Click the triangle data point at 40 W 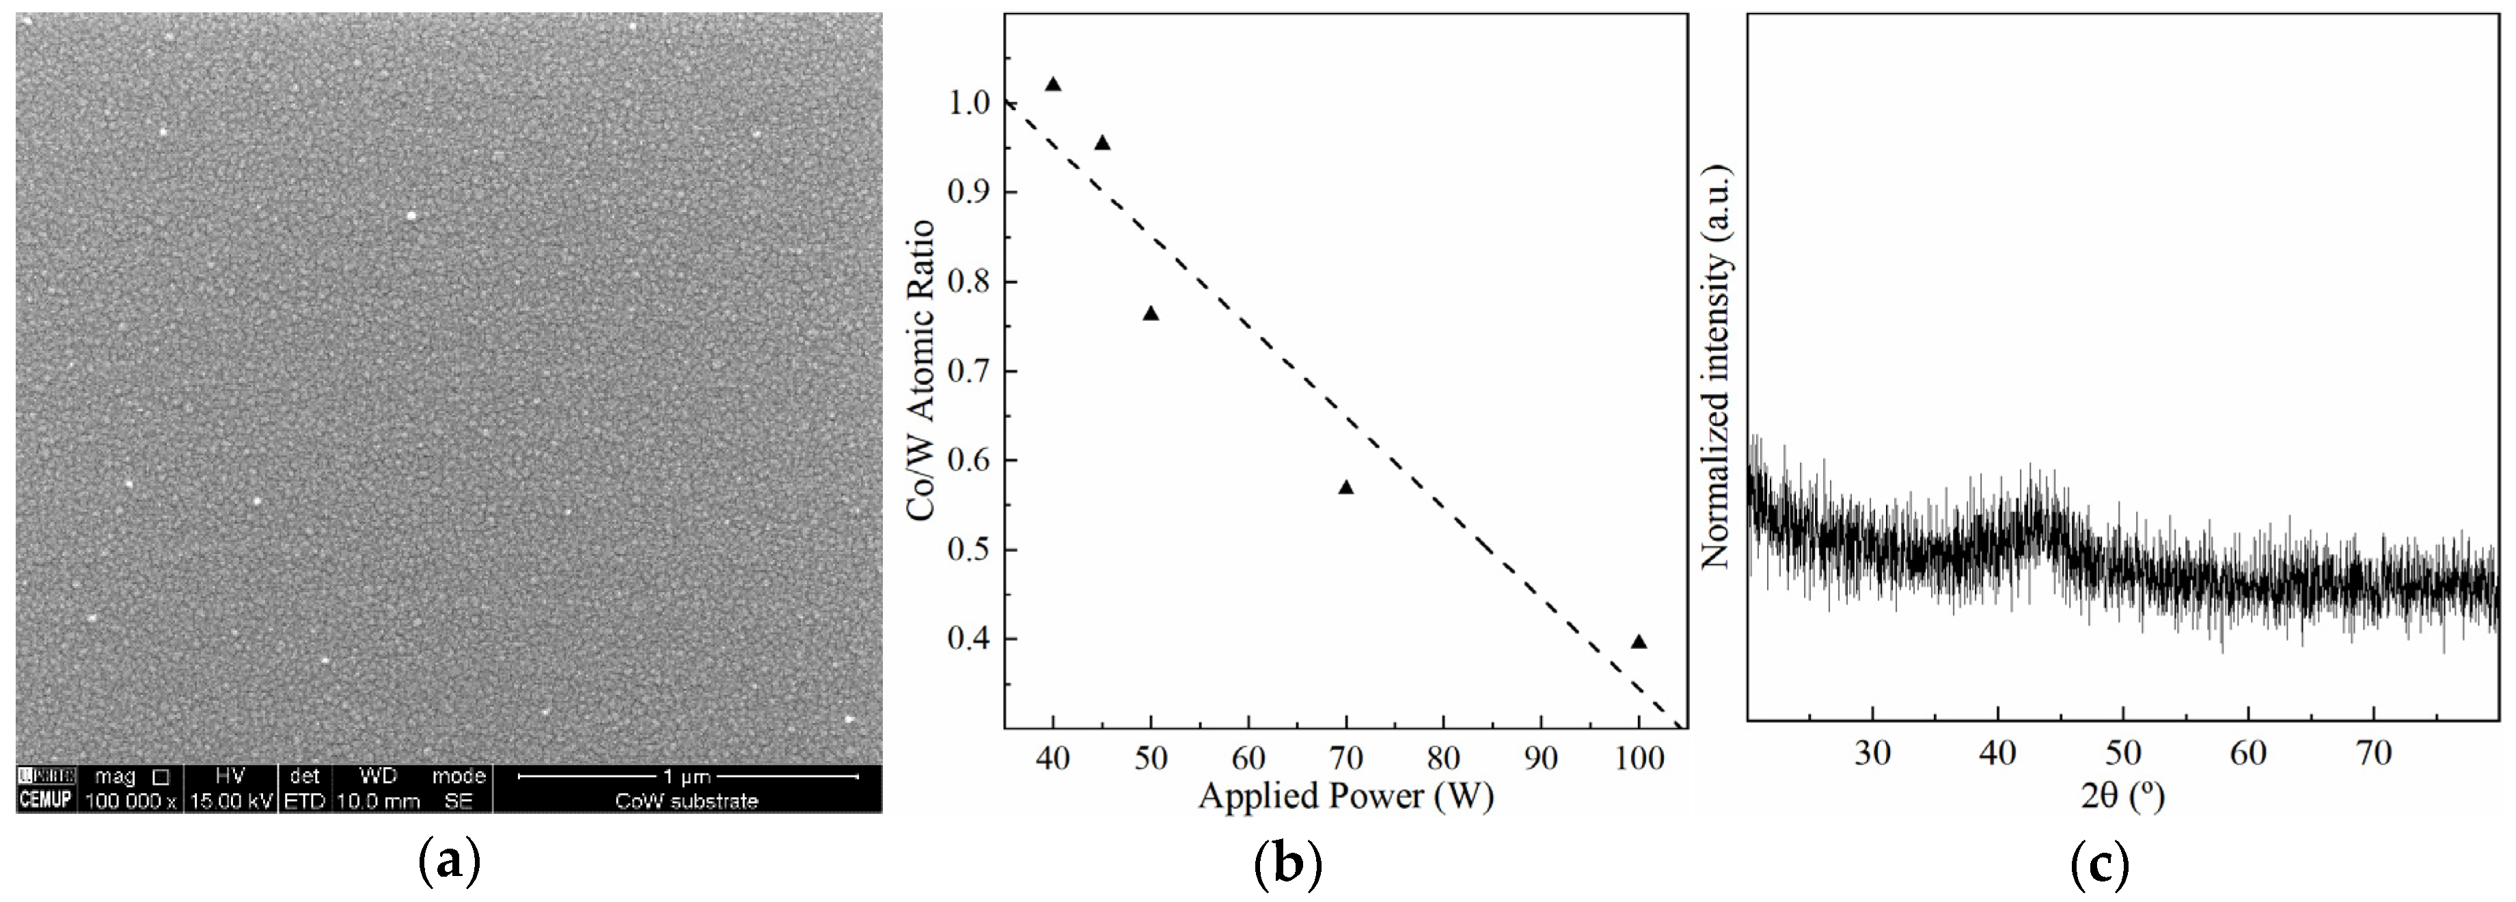coord(1053,85)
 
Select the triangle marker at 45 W coord(1102,144)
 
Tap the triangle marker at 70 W coord(1346,488)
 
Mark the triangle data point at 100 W coord(1639,642)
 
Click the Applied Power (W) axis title coord(1346,797)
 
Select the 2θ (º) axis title coord(2122,797)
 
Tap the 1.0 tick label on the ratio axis coord(970,103)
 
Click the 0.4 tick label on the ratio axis coord(970,639)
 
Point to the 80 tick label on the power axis coord(1444,758)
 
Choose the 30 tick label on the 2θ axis coord(1872,754)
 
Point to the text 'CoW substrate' coord(687,801)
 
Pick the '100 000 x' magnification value coord(131,801)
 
